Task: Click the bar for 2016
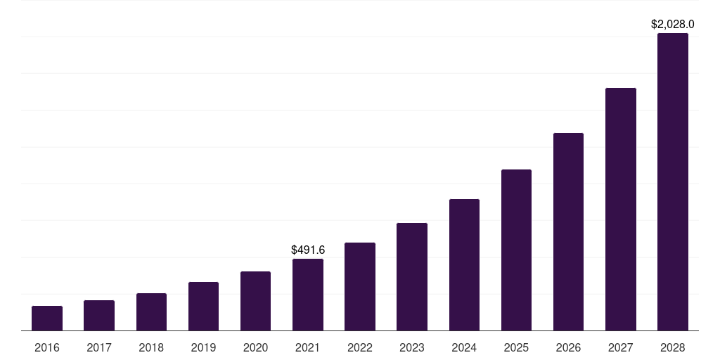pos(47,318)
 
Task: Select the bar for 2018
pos(151,311)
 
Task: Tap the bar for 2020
pos(255,301)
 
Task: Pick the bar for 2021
pos(308,295)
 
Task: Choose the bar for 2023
pos(412,276)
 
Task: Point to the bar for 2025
pos(516,250)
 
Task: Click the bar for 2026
pos(568,231)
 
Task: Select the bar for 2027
pos(620,209)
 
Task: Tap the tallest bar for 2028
pos(673,181)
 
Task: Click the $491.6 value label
pos(308,250)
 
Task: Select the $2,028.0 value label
pos(673,25)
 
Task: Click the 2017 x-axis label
pos(99,347)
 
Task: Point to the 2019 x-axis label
pos(203,347)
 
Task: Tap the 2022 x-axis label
pos(360,347)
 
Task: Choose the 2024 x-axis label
pos(464,347)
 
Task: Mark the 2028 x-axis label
pos(673,347)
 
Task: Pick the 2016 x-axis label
pos(47,347)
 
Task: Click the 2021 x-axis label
pos(308,347)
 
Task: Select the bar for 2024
pos(464,264)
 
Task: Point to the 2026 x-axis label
pos(568,347)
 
